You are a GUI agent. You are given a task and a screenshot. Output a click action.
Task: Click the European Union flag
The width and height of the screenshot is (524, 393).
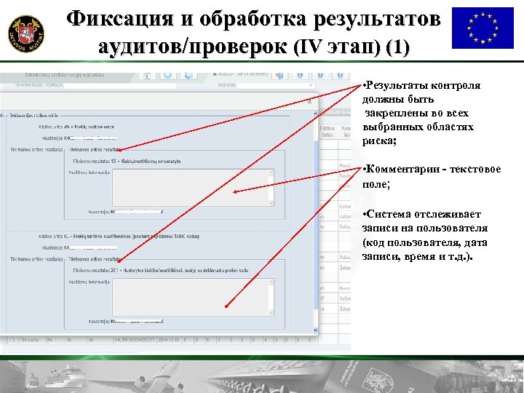[483, 28]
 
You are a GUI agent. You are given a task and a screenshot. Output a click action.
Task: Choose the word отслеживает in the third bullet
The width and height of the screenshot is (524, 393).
[446, 214]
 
